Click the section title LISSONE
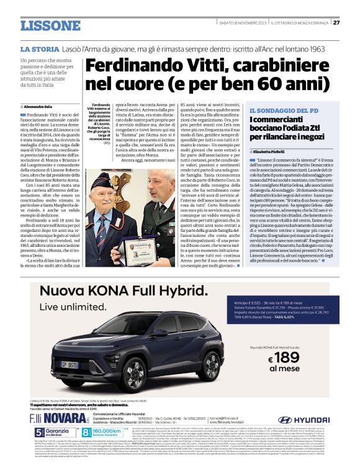50,26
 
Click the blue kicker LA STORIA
41,48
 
